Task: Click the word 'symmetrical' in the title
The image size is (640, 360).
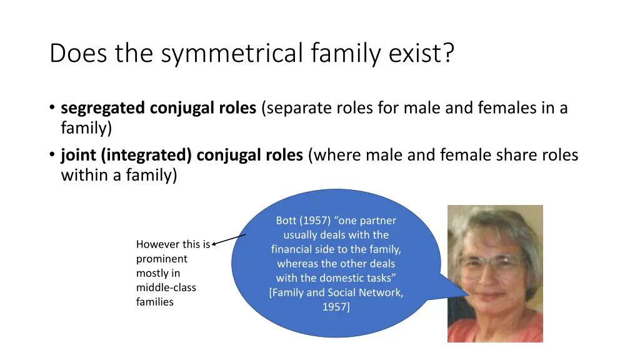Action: click(x=233, y=54)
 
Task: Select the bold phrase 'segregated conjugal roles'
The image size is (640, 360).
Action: click(x=159, y=108)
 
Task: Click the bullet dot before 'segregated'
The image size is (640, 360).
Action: click(x=52, y=109)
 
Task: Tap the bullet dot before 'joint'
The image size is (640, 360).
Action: click(x=52, y=155)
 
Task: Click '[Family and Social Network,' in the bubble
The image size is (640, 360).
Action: click(x=336, y=292)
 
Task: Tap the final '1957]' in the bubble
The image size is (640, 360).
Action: click(x=336, y=307)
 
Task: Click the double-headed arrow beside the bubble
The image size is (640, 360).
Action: click(x=229, y=241)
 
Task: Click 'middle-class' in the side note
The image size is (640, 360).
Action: click(x=166, y=287)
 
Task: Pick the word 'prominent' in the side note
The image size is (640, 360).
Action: click(x=161, y=259)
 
